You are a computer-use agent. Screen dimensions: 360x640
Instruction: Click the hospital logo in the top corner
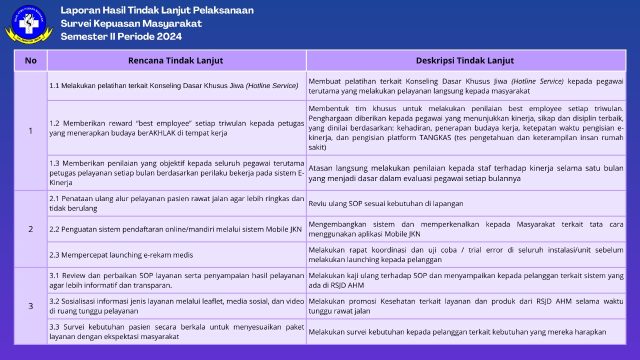(x=28, y=24)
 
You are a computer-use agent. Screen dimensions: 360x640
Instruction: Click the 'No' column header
(x=30, y=60)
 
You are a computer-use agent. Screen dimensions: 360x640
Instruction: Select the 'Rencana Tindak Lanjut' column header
(x=175, y=60)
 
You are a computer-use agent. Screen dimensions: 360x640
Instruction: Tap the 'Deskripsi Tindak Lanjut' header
(x=465, y=60)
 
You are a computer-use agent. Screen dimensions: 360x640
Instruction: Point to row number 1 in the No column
(x=30, y=131)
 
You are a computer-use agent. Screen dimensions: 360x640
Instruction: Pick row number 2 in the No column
(x=30, y=229)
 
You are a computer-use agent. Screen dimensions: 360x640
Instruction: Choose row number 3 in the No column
(x=30, y=306)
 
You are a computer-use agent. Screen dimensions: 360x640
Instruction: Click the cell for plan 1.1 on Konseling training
(x=176, y=85)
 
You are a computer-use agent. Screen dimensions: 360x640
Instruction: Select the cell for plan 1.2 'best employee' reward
(x=176, y=128)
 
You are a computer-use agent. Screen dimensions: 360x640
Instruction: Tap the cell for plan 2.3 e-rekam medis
(x=176, y=255)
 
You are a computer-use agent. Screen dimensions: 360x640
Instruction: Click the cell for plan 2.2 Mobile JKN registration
(x=176, y=229)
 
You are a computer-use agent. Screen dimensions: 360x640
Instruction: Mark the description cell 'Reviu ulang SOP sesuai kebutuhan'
(x=465, y=203)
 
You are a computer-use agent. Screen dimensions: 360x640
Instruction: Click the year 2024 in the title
(x=169, y=36)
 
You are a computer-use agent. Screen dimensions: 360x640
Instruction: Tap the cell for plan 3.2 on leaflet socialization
(x=176, y=306)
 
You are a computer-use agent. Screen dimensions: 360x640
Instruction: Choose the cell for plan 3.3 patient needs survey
(x=176, y=331)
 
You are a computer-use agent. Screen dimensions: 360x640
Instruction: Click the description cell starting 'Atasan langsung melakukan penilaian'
(x=465, y=173)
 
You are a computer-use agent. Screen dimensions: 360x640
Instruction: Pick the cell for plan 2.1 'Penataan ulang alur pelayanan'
(x=176, y=203)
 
